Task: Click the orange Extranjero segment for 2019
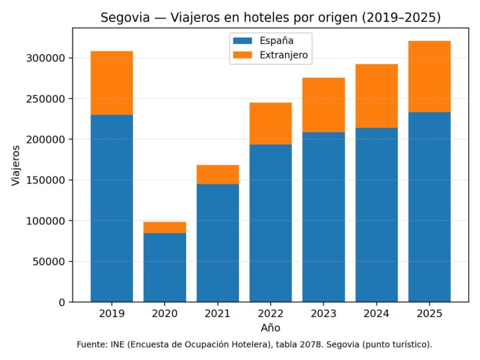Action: click(112, 83)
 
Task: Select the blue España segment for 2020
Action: click(165, 267)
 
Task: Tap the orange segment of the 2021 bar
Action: click(217, 174)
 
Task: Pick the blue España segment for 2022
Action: click(270, 223)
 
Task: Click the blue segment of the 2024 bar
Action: click(376, 215)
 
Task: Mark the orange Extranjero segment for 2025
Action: click(429, 76)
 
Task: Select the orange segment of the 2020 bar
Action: click(165, 227)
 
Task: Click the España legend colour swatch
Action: click(242, 41)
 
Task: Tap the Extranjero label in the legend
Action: click(284, 55)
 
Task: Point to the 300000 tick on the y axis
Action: click(47, 58)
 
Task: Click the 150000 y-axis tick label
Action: click(47, 180)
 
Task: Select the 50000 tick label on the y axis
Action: click(50, 262)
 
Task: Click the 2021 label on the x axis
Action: click(217, 314)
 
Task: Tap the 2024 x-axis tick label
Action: click(376, 314)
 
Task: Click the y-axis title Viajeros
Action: click(16, 165)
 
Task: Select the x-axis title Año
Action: click(270, 327)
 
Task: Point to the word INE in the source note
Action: click(115, 345)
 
